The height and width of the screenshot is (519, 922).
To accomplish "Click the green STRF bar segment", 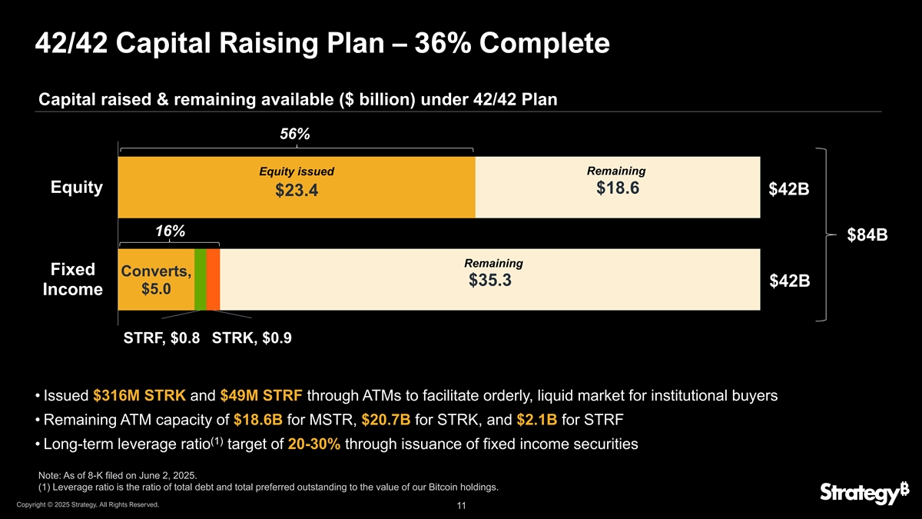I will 200,279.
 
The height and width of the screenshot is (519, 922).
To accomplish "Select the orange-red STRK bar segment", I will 213,279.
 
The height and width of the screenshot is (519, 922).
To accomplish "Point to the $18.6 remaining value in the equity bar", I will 618,188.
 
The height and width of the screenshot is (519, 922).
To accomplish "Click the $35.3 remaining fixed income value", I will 490,281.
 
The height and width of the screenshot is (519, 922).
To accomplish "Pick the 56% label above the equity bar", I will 294,134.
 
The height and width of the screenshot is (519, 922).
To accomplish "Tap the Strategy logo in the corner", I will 858,493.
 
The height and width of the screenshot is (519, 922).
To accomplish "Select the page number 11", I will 461,506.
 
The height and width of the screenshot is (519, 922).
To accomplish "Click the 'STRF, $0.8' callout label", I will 162,338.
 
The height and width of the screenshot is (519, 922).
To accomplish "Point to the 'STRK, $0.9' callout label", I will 251,338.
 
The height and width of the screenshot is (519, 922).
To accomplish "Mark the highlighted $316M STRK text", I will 139,396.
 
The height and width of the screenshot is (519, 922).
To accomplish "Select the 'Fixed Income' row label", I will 72,280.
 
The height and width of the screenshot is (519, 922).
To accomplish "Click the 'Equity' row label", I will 76,188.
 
